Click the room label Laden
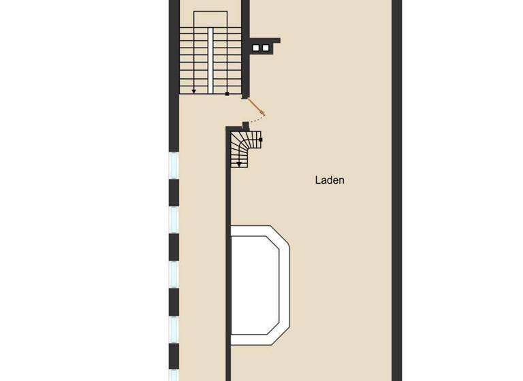tap(330, 180)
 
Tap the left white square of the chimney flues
tap(256, 48)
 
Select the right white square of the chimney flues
tap(266, 48)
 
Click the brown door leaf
tap(255, 107)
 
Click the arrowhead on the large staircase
tap(194, 90)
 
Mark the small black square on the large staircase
tap(227, 93)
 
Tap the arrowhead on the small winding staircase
tap(239, 163)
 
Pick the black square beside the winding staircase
tap(261, 139)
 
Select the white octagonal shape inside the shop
tap(259, 284)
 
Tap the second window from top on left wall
tap(174, 219)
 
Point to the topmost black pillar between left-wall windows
tap(174, 192)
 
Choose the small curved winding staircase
tap(244, 146)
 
